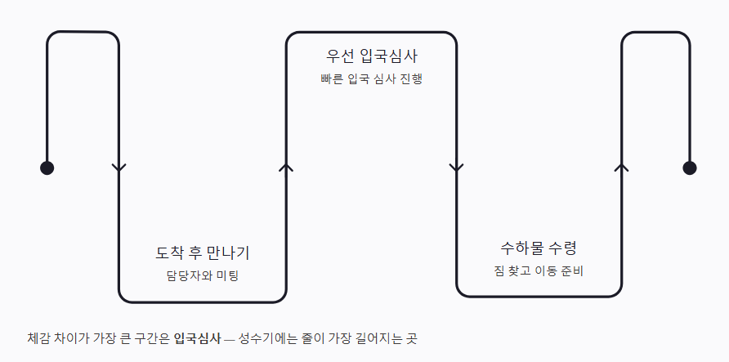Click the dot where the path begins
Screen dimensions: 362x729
pyautogui.click(x=47, y=168)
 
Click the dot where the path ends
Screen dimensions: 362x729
pyautogui.click(x=690, y=168)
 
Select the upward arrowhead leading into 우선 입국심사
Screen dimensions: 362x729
pyautogui.click(x=286, y=168)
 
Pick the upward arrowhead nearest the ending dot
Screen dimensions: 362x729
pyautogui.click(x=621, y=168)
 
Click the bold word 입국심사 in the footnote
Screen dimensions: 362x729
pyautogui.click(x=197, y=337)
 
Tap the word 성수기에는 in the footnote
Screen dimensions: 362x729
pyautogui.click(x=262, y=337)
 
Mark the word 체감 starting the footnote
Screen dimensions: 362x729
pyautogui.click(x=38, y=337)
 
